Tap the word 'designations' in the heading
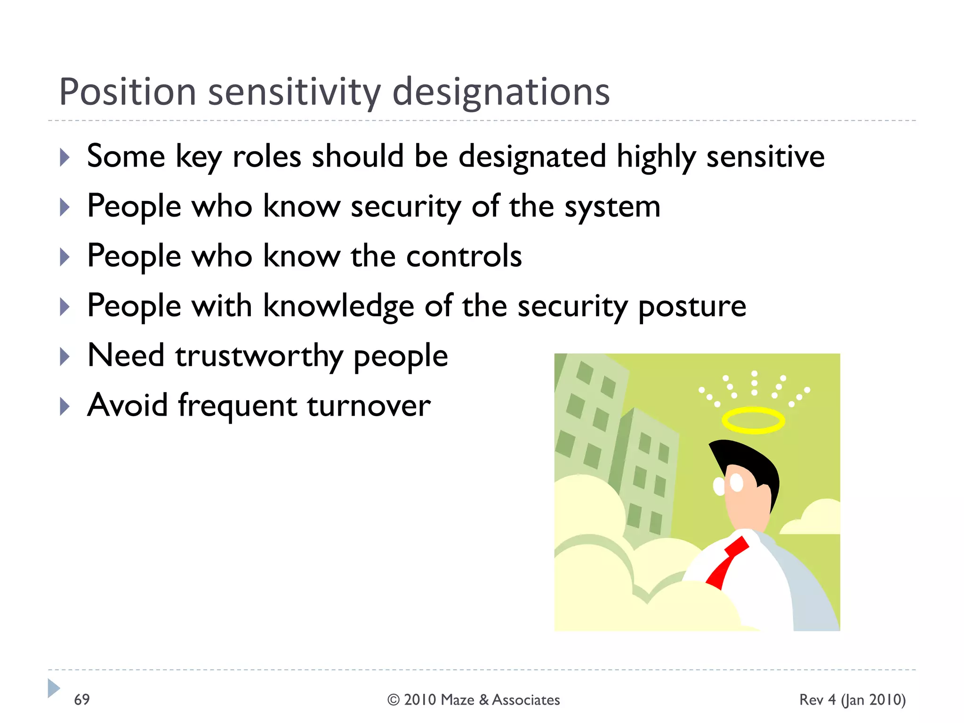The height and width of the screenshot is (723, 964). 501,92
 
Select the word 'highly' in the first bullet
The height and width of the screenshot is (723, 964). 656,157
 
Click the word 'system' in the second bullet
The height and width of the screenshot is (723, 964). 612,207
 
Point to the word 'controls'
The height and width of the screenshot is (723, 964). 464,256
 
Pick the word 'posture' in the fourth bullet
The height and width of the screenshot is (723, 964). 692,306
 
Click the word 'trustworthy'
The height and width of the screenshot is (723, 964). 259,356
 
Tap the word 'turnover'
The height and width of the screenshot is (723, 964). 369,406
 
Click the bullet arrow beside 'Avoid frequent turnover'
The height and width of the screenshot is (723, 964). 65,406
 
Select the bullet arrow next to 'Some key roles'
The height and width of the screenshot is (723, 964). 65,157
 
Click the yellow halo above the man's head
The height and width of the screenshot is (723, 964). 753,420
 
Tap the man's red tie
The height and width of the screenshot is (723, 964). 727,562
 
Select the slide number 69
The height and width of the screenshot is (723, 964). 82,699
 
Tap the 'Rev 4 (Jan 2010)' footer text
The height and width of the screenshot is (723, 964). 852,700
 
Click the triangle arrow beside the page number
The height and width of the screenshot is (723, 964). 54,688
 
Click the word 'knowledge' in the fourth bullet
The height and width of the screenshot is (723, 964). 338,306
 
